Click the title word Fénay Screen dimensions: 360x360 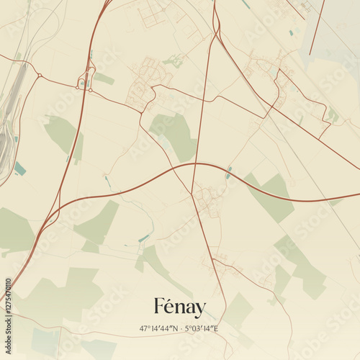[179, 308]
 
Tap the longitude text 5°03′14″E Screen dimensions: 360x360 [202, 328]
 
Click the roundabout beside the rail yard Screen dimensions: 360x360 [39, 75]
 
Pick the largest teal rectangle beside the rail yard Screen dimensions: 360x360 [19, 168]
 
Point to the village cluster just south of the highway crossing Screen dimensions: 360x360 [207, 198]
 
